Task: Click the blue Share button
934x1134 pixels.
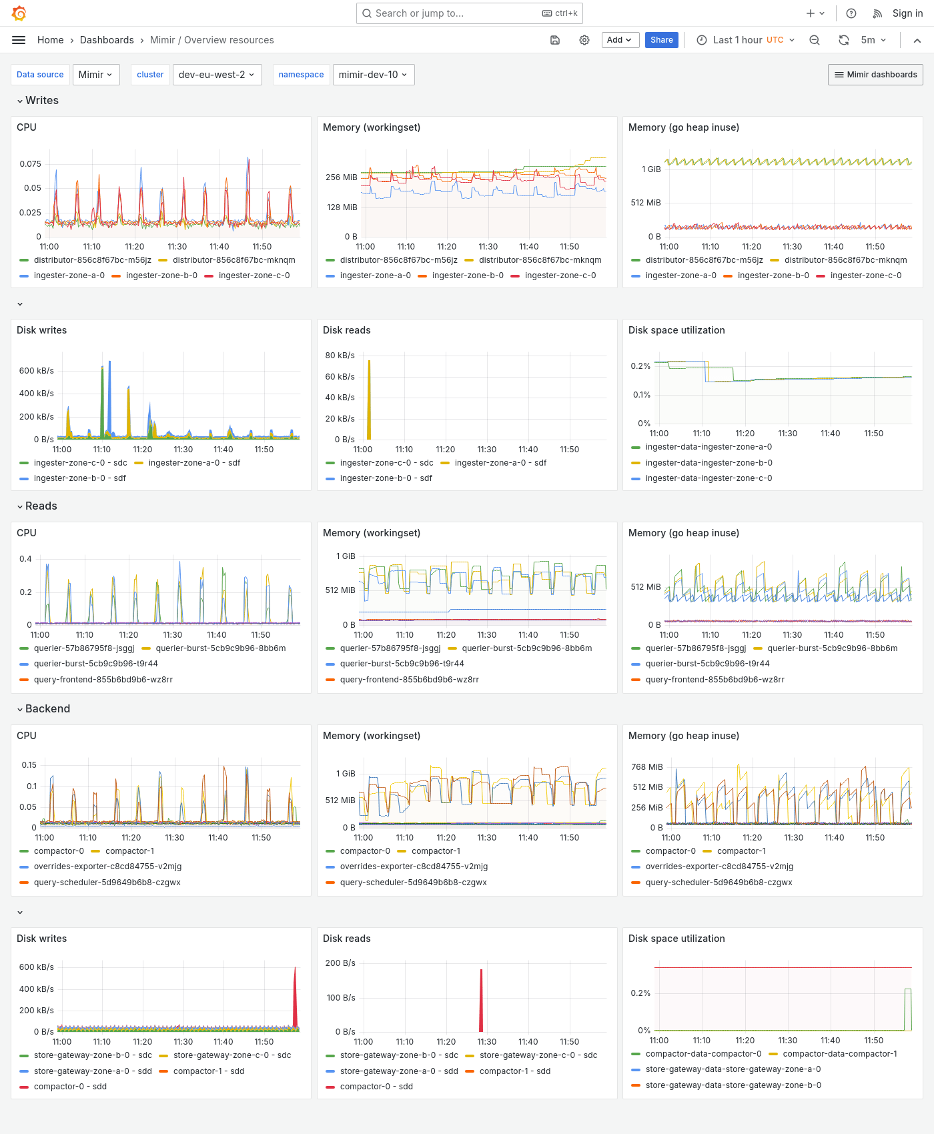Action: pyautogui.click(x=661, y=40)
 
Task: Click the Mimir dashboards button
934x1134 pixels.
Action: pyautogui.click(x=875, y=75)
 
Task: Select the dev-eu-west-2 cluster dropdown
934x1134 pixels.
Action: pyautogui.click(x=217, y=75)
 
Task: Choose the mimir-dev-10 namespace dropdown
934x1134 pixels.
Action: pyautogui.click(x=373, y=75)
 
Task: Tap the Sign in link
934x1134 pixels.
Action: pyautogui.click(x=907, y=13)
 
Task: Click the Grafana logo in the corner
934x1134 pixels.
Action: pyautogui.click(x=19, y=13)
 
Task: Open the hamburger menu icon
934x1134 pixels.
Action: pyautogui.click(x=19, y=40)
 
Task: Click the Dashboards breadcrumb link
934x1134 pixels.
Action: pyautogui.click(x=107, y=40)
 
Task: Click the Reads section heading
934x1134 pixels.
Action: pyautogui.click(x=41, y=506)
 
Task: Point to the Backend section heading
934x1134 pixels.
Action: pyautogui.click(x=47, y=708)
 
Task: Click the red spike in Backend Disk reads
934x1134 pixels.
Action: pyautogui.click(x=481, y=1001)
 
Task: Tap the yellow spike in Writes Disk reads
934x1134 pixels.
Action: pyautogui.click(x=369, y=400)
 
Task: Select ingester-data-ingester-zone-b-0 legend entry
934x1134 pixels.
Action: pyautogui.click(x=709, y=463)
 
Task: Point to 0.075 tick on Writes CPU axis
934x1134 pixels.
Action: pyautogui.click(x=30, y=163)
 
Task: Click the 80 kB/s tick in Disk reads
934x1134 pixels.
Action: pyautogui.click(x=340, y=356)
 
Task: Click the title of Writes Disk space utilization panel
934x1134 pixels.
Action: pyautogui.click(x=676, y=330)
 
